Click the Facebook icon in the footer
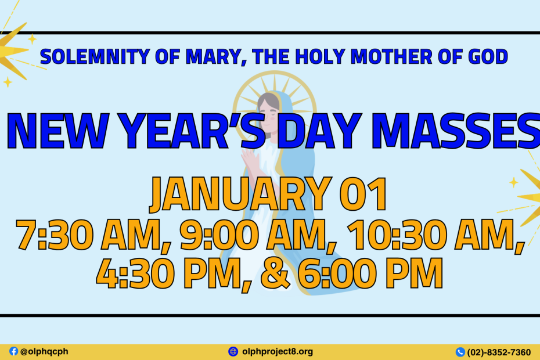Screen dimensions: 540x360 pyautogui.click(x=13, y=351)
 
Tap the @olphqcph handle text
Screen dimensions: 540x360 pyautogui.click(x=44, y=351)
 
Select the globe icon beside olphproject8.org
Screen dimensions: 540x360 pyautogui.click(x=233, y=351)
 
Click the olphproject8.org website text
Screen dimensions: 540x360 pyautogui.click(x=278, y=351)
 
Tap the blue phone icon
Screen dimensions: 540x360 pyautogui.click(x=460, y=352)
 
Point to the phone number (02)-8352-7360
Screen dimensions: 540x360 pyautogui.click(x=499, y=352)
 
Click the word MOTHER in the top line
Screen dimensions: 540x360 pyautogui.click(x=391, y=56)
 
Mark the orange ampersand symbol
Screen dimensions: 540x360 pyautogui.click(x=275, y=273)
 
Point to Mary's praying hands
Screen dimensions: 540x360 pyautogui.click(x=250, y=160)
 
